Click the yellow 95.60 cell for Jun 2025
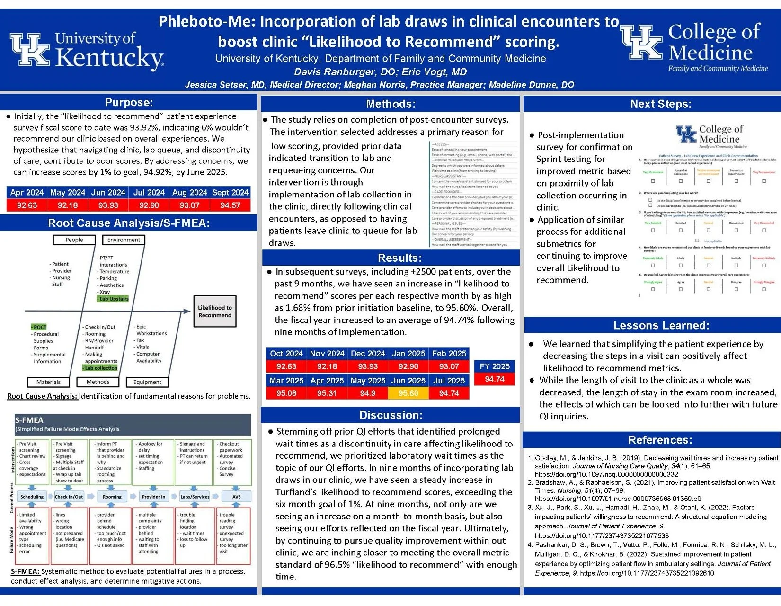[x=408, y=393]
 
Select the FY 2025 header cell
[x=494, y=366]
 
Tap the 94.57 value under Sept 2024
[x=230, y=205]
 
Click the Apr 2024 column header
[x=27, y=193]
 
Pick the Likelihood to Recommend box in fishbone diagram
[x=215, y=312]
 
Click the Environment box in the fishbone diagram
[x=124, y=240]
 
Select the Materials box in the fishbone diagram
[x=48, y=382]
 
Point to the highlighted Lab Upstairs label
[x=113, y=299]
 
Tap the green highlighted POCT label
[x=39, y=327]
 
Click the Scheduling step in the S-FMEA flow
[x=32, y=497]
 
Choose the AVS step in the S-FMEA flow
[x=236, y=497]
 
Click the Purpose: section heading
[x=129, y=103]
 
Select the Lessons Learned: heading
[x=661, y=325]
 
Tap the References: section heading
[x=660, y=440]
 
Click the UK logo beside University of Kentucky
[x=30, y=49]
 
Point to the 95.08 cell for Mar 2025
[x=286, y=393]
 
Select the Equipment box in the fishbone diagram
[x=147, y=382]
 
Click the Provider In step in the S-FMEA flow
[x=153, y=497]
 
